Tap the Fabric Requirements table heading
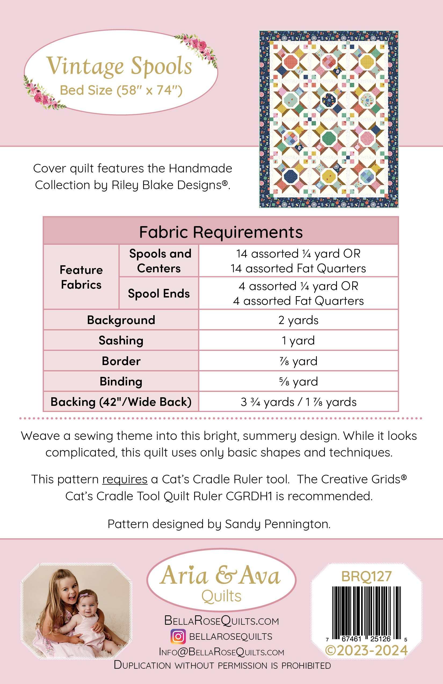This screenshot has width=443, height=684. click(x=221, y=232)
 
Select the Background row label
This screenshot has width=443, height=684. click(x=121, y=320)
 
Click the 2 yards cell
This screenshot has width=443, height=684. click(x=298, y=320)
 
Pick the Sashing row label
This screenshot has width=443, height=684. click(x=121, y=340)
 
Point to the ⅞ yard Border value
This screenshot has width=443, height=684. click(x=298, y=361)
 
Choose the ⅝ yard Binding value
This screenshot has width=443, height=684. click(x=298, y=381)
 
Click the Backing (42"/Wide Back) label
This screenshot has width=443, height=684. click(x=121, y=402)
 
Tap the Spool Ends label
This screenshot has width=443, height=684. click(x=159, y=293)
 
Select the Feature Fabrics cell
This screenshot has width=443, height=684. click(x=81, y=277)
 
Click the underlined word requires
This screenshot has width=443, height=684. click(x=125, y=479)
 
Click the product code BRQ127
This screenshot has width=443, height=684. click(x=366, y=576)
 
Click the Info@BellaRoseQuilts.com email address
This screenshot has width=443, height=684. click(x=221, y=652)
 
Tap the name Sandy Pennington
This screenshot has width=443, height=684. click(x=277, y=524)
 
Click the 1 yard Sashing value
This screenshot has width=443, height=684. click(x=298, y=340)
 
